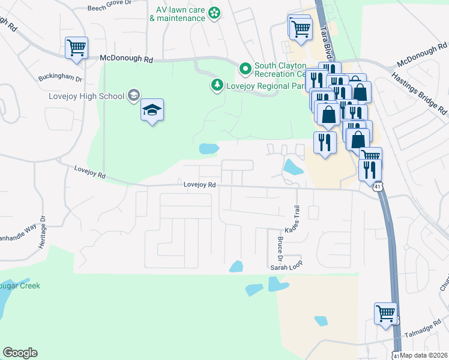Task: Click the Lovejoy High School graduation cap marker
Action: pyautogui.click(x=152, y=110)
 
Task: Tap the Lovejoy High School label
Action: pyautogui.click(x=86, y=96)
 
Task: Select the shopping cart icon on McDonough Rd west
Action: pyautogui.click(x=76, y=47)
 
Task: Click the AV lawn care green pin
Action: pyautogui.click(x=214, y=13)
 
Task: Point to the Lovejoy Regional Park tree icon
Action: pyautogui.click(x=217, y=86)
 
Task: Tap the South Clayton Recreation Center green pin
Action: pyautogui.click(x=245, y=70)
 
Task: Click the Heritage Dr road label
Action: pyautogui.click(x=42, y=233)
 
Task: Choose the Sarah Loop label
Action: pyautogui.click(x=284, y=266)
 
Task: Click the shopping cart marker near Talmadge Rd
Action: pyautogui.click(x=385, y=313)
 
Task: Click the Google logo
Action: pyautogui.click(x=20, y=353)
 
